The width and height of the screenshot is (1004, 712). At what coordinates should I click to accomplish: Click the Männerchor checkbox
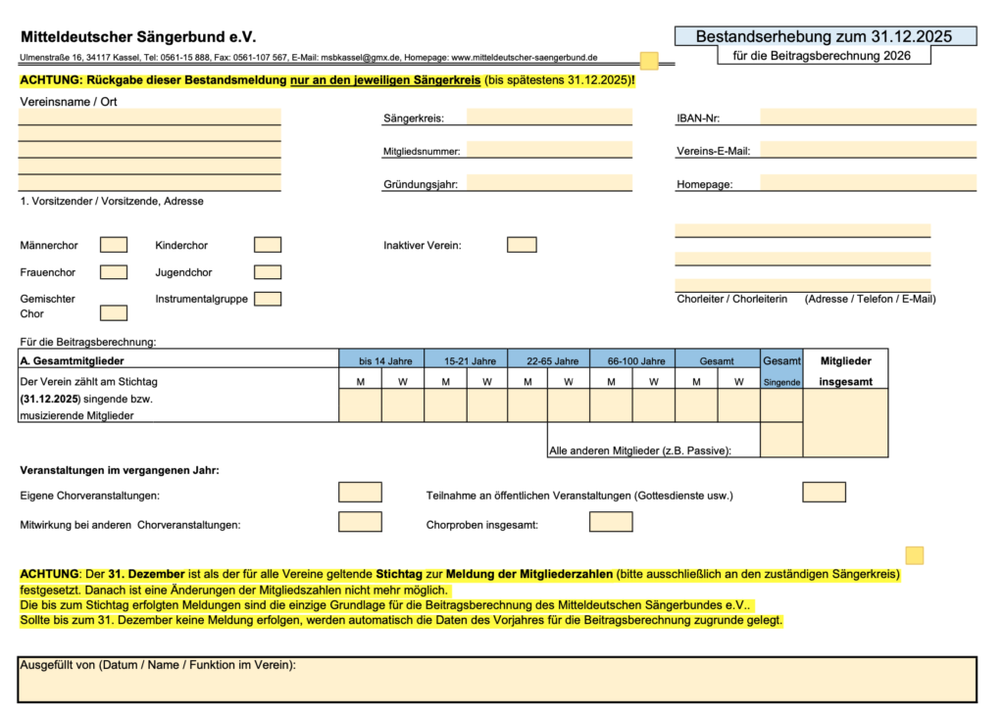pyautogui.click(x=114, y=245)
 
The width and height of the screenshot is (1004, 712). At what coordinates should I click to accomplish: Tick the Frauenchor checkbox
pyautogui.click(x=114, y=272)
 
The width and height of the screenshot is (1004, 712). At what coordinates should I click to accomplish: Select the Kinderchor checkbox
pyautogui.click(x=268, y=245)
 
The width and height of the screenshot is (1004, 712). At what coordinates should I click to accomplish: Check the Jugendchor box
pyautogui.click(x=268, y=272)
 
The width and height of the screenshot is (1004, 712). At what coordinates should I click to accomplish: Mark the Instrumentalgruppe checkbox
pyautogui.click(x=268, y=299)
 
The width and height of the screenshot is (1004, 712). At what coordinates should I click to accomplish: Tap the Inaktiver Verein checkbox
pyautogui.click(x=522, y=245)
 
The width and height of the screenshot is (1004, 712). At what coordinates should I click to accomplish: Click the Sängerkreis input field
pyautogui.click(x=549, y=118)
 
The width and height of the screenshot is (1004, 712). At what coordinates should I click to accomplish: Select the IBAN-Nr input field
pyautogui.click(x=868, y=118)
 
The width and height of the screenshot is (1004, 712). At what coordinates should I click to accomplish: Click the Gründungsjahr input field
pyautogui.click(x=549, y=182)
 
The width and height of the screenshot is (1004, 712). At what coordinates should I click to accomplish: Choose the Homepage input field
pyautogui.click(x=868, y=182)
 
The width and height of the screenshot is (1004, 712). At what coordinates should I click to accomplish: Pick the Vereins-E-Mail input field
pyautogui.click(x=868, y=150)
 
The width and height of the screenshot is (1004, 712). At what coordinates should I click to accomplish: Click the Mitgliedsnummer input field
pyautogui.click(x=549, y=150)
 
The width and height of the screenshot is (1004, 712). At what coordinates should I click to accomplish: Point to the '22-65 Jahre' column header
pyautogui.click(x=549, y=360)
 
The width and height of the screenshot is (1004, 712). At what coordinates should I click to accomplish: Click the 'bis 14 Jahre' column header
pyautogui.click(x=381, y=360)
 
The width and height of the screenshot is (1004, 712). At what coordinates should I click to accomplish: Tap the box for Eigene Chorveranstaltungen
pyautogui.click(x=360, y=492)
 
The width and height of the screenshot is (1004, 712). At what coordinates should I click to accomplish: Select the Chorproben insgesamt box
pyautogui.click(x=611, y=522)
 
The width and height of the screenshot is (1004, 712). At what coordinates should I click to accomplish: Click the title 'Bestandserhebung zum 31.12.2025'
pyautogui.click(x=826, y=36)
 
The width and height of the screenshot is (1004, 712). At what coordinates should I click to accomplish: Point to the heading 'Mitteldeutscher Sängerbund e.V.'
pyautogui.click(x=137, y=36)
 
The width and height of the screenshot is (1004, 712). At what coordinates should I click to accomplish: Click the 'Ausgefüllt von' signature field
pyautogui.click(x=497, y=680)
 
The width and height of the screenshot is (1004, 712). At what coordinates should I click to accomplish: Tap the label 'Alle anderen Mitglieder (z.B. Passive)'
pyautogui.click(x=640, y=451)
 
